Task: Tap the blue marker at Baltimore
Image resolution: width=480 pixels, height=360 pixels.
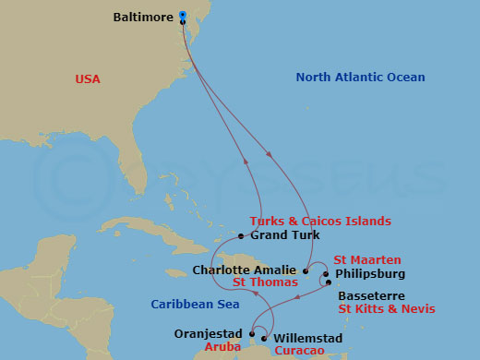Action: click(183, 15)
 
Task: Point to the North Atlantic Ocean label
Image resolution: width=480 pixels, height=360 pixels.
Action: click(360, 78)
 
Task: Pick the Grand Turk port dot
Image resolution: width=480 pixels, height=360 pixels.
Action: click(242, 235)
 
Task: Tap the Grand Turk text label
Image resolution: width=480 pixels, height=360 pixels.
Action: click(285, 235)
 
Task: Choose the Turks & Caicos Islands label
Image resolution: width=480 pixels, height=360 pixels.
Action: click(320, 222)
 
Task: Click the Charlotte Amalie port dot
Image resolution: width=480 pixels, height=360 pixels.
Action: click(306, 270)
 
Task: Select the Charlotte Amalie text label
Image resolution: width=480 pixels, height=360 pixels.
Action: click(245, 270)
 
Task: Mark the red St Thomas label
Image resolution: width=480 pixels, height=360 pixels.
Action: click(265, 282)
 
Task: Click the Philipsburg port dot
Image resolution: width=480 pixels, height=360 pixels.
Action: click(326, 274)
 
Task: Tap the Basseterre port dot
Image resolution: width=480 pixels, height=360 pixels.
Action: click(329, 282)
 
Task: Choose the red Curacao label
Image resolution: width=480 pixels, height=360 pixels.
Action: click(299, 352)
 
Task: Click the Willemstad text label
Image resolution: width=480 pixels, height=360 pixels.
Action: click(308, 339)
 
